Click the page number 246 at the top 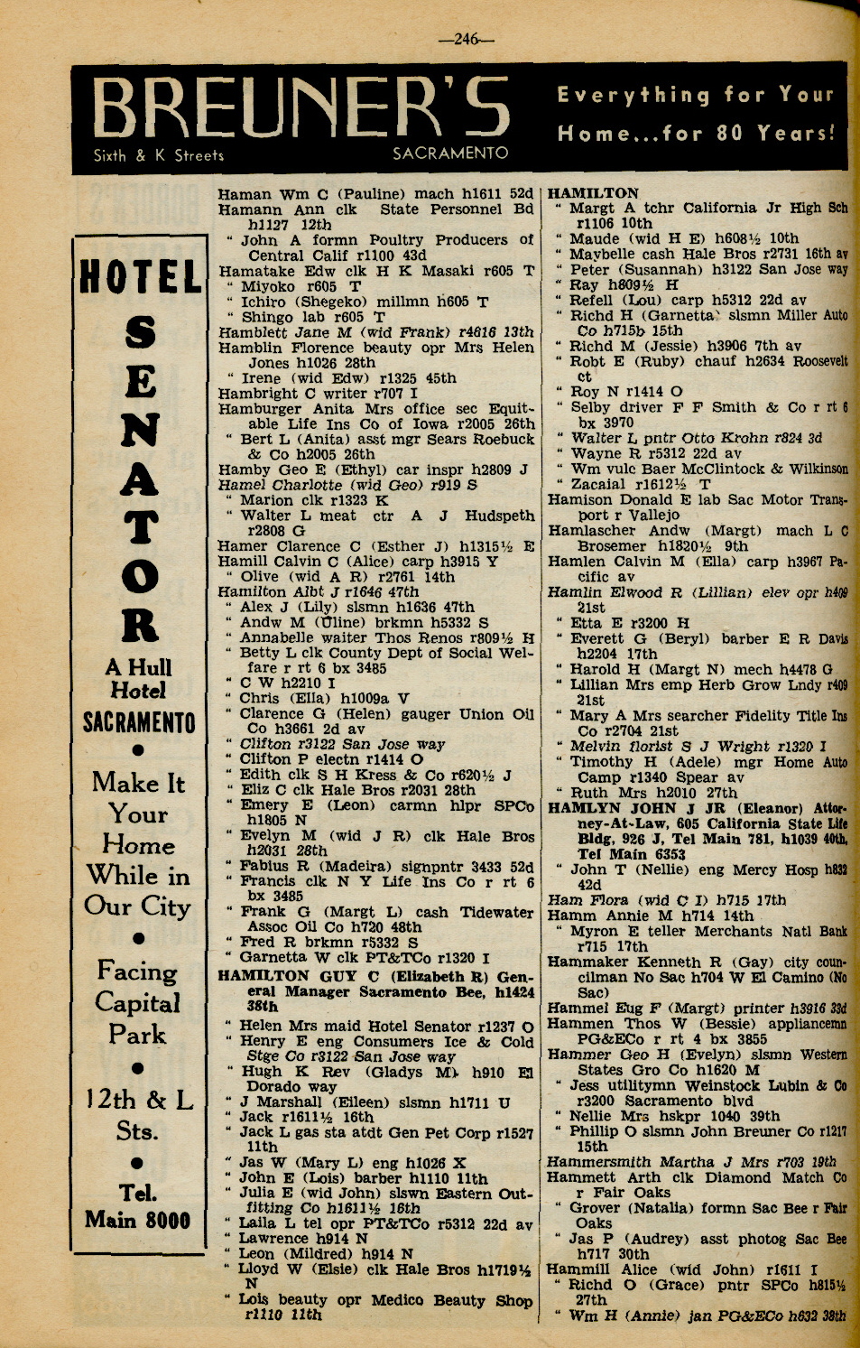(x=467, y=39)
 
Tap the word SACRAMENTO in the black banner (x=450, y=153)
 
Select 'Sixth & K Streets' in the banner (x=159, y=155)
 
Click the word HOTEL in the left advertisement (x=141, y=277)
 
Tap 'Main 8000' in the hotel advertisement (x=137, y=1220)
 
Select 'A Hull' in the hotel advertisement (x=138, y=667)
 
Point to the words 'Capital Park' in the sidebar (x=137, y=1018)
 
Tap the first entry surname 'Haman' (x=244, y=194)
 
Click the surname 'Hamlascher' (x=590, y=531)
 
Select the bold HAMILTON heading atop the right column (x=593, y=193)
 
